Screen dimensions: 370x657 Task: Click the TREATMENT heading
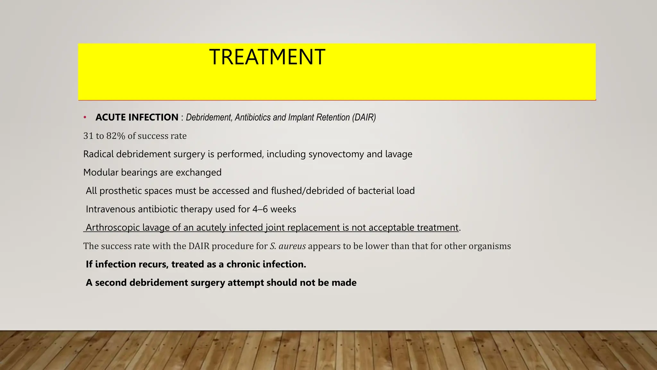(x=267, y=57)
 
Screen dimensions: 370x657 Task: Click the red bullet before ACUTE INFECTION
(x=85, y=118)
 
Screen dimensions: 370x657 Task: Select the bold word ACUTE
(x=110, y=118)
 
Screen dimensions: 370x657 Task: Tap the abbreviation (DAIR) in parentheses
(x=364, y=118)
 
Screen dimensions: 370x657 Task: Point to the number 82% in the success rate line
(x=115, y=136)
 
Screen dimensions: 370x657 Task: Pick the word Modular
(x=101, y=172)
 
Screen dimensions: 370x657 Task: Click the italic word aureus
(x=292, y=246)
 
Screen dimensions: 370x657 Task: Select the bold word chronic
(x=243, y=264)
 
